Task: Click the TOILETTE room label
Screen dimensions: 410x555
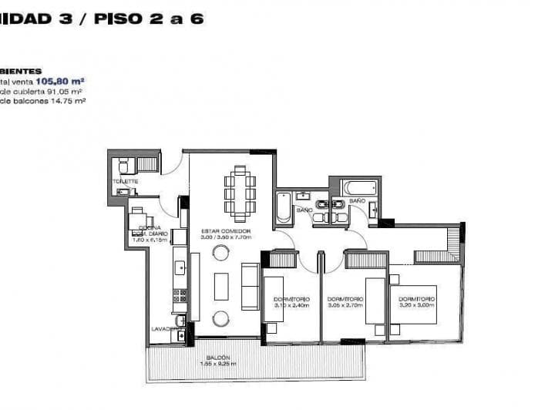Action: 125,181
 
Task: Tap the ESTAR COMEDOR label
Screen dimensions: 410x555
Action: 224,230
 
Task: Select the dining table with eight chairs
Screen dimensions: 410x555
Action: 239,192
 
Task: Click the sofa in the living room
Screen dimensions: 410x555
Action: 251,286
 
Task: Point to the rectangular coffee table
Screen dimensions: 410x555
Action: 221,287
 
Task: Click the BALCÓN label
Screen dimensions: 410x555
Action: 218,358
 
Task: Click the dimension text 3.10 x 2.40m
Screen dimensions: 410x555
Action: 291,305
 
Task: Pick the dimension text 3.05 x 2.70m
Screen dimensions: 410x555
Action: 345,305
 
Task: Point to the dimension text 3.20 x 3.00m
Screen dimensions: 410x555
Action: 417,305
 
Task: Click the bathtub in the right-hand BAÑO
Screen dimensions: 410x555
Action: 360,187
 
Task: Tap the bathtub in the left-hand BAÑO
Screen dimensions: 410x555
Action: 284,206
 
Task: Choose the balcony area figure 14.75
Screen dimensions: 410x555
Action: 59,99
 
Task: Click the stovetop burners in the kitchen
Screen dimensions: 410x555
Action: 180,295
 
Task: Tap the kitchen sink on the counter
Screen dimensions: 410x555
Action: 180,267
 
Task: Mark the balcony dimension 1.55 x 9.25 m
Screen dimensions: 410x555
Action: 218,364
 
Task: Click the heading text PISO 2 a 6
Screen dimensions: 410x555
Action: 149,18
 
